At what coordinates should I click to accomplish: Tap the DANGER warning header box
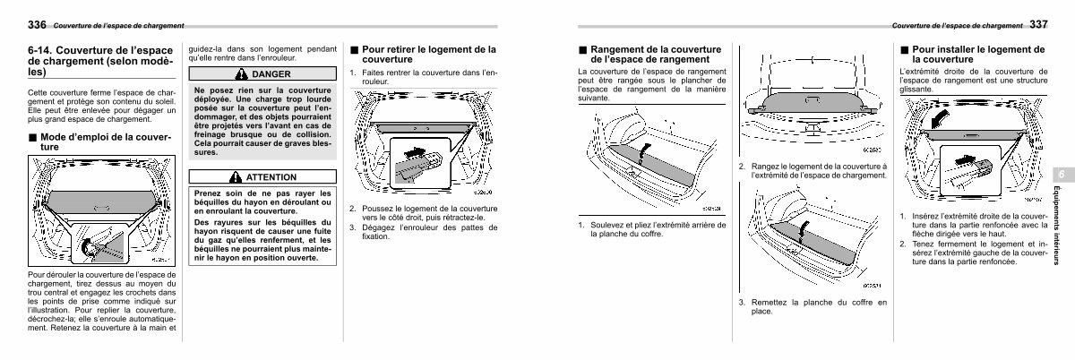coord(263,73)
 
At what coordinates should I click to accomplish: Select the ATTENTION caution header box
coord(263,177)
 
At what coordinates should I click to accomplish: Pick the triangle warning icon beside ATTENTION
coord(236,177)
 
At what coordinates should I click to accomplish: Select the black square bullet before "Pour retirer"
coord(355,50)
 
